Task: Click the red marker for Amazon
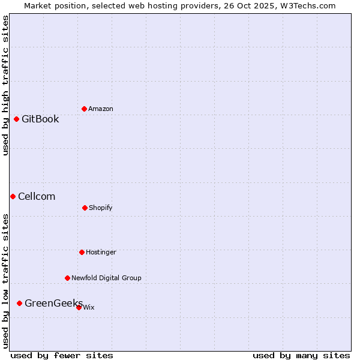click(x=84, y=109)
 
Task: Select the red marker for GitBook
click(x=16, y=119)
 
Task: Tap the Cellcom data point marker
click(x=13, y=196)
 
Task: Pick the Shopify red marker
click(x=85, y=208)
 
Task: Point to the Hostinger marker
click(x=82, y=252)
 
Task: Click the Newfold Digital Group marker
click(x=67, y=278)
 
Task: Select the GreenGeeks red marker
click(x=19, y=303)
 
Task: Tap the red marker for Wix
click(x=79, y=307)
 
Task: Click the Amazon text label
click(x=101, y=109)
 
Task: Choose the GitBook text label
click(x=40, y=119)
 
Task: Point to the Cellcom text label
click(x=37, y=196)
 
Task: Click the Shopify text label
click(x=101, y=208)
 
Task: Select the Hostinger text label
click(x=101, y=252)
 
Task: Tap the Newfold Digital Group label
click(x=106, y=278)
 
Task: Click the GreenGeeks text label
click(x=53, y=303)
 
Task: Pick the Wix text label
click(x=89, y=307)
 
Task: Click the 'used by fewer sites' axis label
click(x=62, y=355)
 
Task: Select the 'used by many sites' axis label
click(x=301, y=355)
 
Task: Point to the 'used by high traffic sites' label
click(x=5, y=85)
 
